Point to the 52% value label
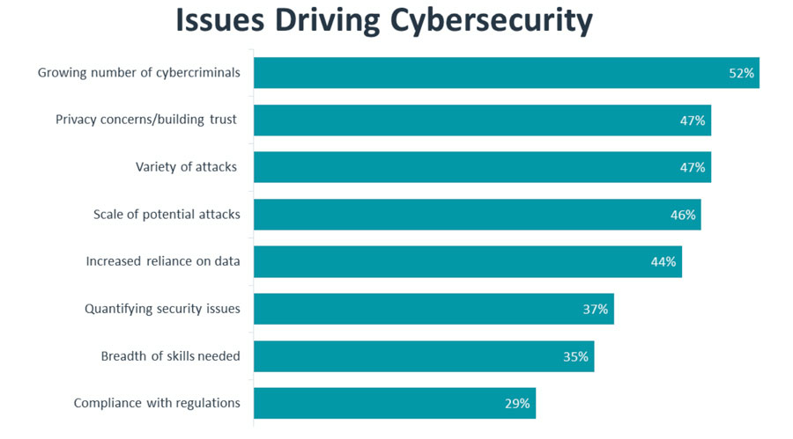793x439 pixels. click(741, 73)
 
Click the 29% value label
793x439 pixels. click(517, 404)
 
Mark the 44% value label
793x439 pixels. click(663, 261)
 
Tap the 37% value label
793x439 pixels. click(596, 309)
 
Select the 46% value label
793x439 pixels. click(683, 215)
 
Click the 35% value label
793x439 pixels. click(576, 356)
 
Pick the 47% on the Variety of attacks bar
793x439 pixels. click(693, 167)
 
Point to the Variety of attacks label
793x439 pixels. click(186, 167)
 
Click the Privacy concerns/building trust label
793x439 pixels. click(146, 120)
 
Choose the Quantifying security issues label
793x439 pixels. click(162, 309)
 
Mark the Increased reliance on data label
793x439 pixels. click(163, 261)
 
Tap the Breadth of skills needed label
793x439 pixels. click(170, 356)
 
